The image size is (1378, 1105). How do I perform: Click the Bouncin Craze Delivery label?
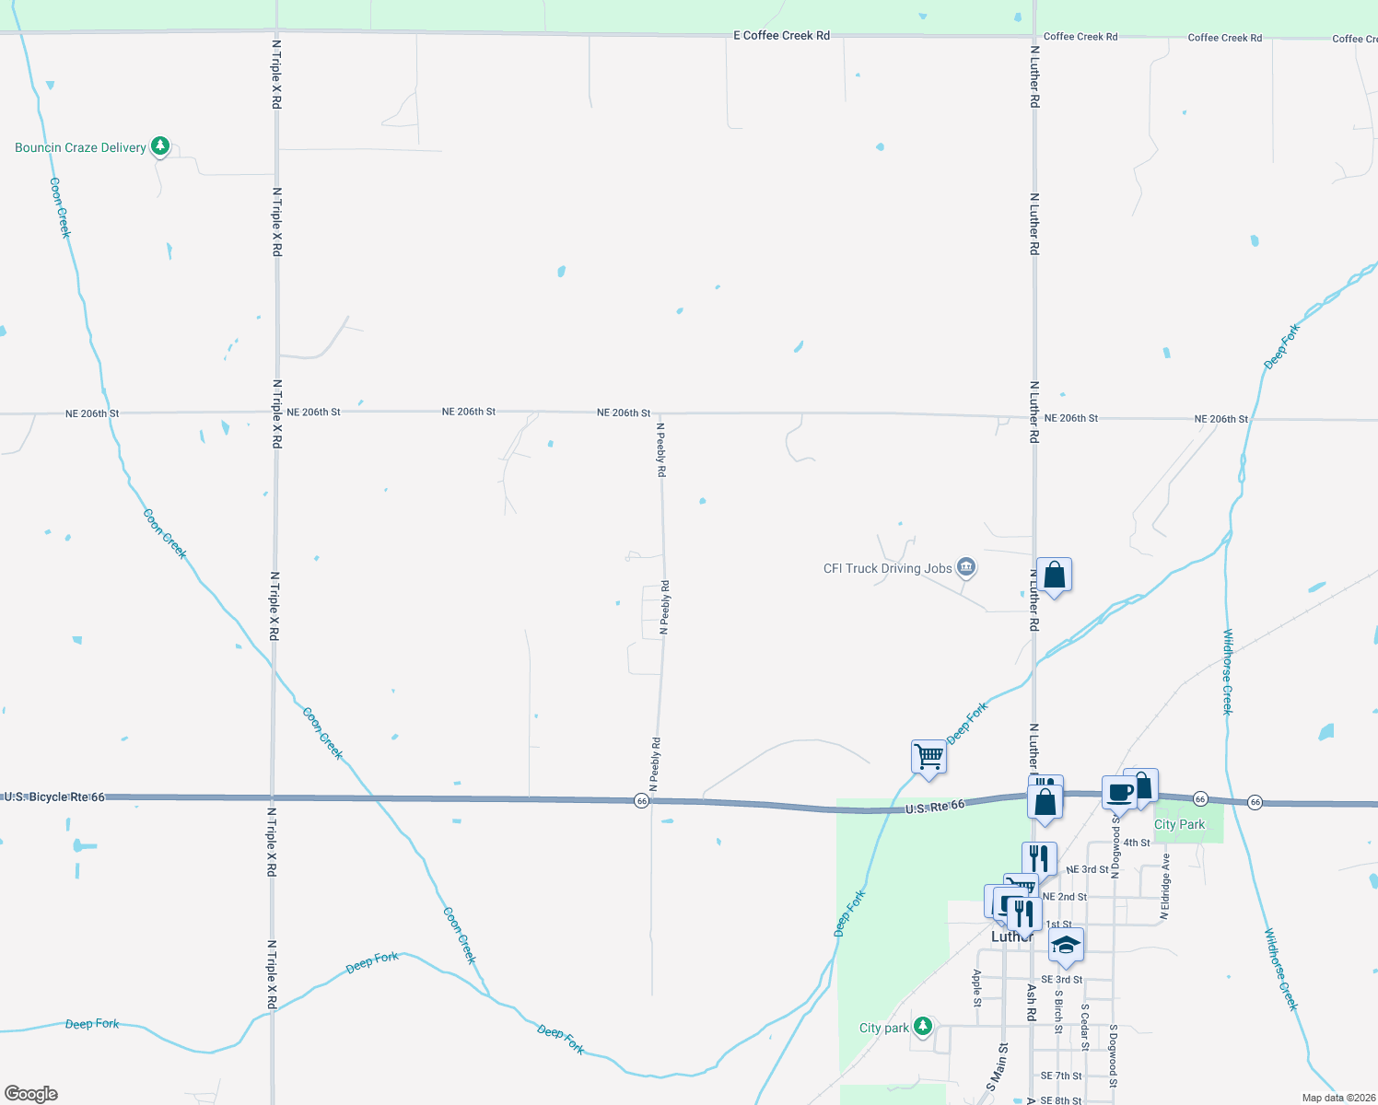80,147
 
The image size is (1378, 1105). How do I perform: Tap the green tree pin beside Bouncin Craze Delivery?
160,145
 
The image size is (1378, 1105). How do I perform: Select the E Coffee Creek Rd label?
781,36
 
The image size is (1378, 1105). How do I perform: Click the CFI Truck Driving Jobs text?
887,568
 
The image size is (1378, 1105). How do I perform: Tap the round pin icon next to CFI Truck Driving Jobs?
966,566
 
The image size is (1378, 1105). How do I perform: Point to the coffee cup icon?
1120,792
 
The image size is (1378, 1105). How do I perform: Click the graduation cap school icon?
1066,946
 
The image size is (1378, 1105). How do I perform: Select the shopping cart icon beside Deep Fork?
929,757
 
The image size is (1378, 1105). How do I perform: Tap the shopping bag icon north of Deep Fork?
1054,576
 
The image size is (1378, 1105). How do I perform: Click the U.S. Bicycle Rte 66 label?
54,797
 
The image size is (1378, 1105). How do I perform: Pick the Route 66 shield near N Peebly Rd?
642,801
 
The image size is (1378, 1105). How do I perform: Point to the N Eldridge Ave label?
1165,886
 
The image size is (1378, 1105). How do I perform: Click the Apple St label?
977,987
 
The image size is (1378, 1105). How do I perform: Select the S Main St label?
997,1066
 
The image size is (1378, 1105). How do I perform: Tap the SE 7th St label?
1061,1076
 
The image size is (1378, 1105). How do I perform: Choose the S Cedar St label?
1085,1027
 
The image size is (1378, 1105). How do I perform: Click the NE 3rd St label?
1087,869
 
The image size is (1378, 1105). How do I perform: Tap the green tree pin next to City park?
923,1026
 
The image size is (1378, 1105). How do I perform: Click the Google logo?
31,1094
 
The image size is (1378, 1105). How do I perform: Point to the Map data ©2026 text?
1338,1098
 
